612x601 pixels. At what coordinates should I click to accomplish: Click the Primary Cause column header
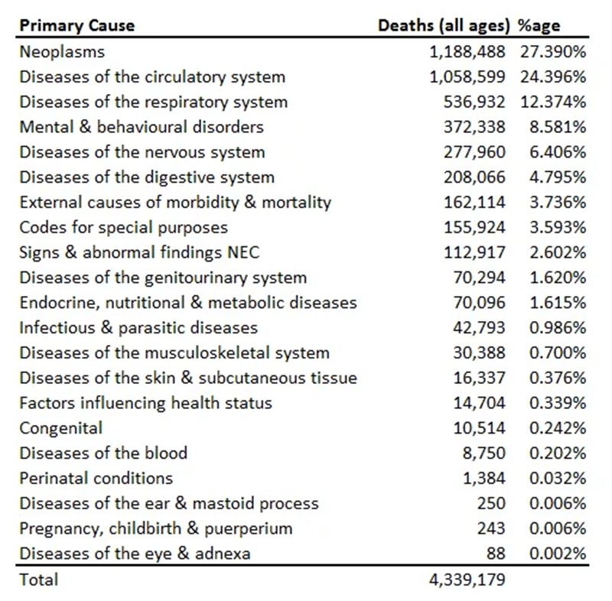coord(77,26)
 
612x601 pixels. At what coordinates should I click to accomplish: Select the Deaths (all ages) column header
coord(444,26)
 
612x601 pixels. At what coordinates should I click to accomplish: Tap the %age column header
coord(539,26)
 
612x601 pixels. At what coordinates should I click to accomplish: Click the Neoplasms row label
coord(63,52)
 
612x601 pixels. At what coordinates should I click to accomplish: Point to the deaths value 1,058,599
coord(467,76)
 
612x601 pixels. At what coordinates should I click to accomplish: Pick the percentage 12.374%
coord(553,102)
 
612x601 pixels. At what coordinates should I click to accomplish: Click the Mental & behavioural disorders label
coord(142,127)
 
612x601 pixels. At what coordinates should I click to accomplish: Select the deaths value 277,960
coord(474,152)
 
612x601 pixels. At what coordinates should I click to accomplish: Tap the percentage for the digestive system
coord(558,177)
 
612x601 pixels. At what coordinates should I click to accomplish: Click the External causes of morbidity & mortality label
coord(176,203)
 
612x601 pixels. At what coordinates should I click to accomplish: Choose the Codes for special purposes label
coord(124,227)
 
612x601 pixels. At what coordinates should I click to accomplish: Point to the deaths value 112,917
coord(474,252)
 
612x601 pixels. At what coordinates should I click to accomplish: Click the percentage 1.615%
coord(558,303)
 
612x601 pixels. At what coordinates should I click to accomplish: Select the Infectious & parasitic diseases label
coord(138,327)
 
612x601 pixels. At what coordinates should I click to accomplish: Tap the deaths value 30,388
coord(479,352)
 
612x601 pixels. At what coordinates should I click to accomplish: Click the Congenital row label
coord(61,428)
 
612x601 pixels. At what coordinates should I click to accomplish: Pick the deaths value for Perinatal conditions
coord(484,478)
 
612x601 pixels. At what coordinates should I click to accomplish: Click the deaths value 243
coord(491,528)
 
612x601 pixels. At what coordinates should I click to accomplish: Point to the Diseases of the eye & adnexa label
coord(135,554)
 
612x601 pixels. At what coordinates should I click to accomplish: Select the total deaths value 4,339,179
coord(467,580)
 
